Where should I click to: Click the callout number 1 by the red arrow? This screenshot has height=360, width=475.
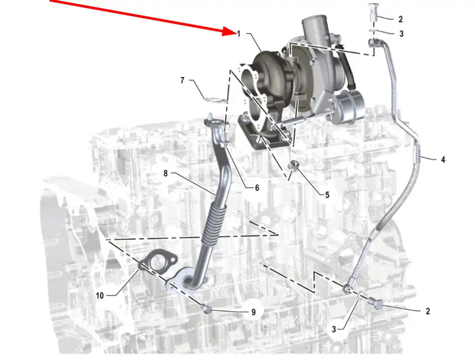click(x=239, y=34)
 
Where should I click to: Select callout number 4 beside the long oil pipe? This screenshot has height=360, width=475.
click(x=443, y=159)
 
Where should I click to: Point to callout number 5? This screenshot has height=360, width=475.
click(x=327, y=195)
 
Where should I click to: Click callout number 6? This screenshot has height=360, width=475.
click(x=257, y=188)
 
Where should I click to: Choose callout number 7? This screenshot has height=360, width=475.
click(x=182, y=80)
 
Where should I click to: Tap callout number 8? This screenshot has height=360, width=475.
click(x=166, y=173)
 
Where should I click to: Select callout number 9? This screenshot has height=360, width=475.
click(x=254, y=312)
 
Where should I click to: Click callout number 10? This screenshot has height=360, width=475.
click(x=100, y=296)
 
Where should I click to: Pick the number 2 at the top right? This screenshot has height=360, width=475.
click(x=400, y=19)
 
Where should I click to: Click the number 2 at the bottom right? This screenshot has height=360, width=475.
click(x=428, y=311)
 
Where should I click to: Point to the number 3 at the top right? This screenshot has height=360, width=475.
click(x=401, y=34)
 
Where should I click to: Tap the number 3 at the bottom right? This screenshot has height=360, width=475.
click(x=334, y=329)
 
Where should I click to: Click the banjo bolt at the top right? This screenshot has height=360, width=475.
click(x=373, y=12)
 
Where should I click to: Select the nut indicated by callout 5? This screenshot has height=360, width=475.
click(x=292, y=165)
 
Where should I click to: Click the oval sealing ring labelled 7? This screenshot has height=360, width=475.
click(x=215, y=100)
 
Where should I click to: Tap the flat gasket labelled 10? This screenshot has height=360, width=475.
click(x=158, y=262)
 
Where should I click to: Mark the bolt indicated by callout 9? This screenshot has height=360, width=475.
click(x=207, y=309)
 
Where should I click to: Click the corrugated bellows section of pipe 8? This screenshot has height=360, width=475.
click(x=214, y=222)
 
